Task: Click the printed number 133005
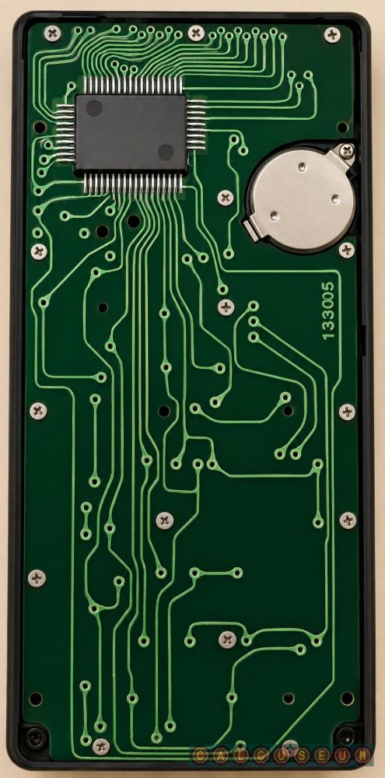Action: pos(328,311)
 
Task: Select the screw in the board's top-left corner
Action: pos(52,33)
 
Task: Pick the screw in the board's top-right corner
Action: pos(332,34)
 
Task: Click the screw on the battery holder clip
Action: pos(346,149)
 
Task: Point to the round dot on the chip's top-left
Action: pos(94,108)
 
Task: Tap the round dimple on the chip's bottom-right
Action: pos(166,152)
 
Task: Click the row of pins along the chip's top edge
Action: pos(133,85)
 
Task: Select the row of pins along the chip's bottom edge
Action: pos(133,183)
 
